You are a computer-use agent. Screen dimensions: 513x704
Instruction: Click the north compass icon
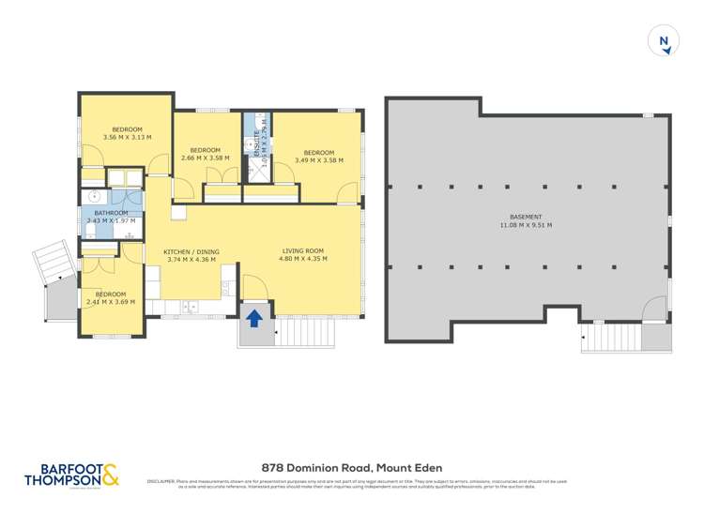click(x=664, y=41)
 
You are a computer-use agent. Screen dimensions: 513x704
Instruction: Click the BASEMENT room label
click(x=526, y=216)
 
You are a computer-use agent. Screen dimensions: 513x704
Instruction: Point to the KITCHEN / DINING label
click(x=191, y=252)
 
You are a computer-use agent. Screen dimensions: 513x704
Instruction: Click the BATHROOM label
click(x=111, y=213)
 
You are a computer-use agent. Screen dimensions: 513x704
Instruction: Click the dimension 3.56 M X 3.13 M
click(x=128, y=137)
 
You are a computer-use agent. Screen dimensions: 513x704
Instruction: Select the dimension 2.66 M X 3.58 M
click(x=205, y=158)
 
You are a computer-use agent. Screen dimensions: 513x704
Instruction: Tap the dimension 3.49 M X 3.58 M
click(x=319, y=160)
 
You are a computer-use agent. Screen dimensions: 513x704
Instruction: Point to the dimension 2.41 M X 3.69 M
click(x=111, y=302)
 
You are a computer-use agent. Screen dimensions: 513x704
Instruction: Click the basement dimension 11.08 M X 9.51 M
click(x=526, y=225)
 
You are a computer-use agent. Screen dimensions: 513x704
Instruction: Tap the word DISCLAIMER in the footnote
click(x=161, y=482)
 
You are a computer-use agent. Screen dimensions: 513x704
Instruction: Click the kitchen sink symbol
click(x=191, y=306)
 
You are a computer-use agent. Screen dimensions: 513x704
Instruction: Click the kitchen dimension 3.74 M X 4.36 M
click(x=191, y=261)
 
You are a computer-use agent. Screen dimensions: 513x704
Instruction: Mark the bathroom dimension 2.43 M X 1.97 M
click(x=112, y=221)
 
